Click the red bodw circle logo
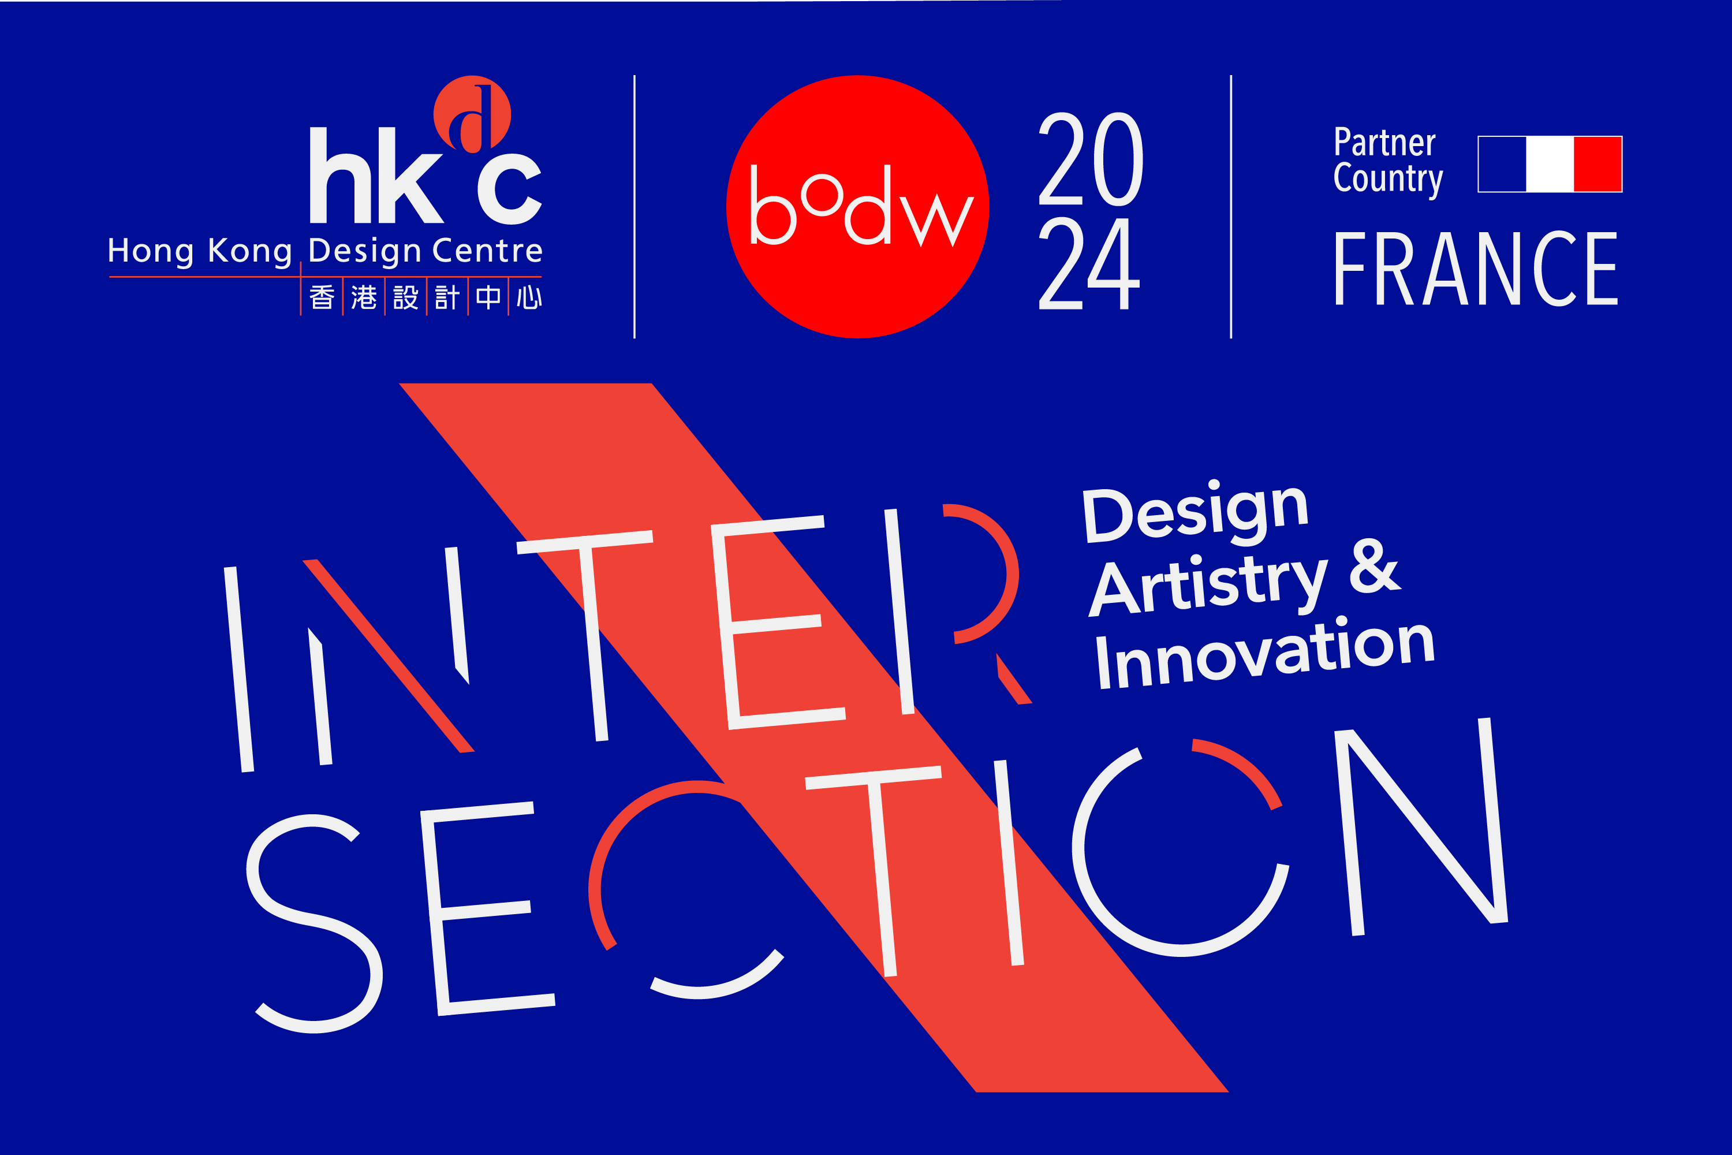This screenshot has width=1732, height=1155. point(857,206)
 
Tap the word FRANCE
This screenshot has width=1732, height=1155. point(1476,268)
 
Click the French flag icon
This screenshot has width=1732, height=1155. point(1550,163)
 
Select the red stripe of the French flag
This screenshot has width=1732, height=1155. point(1598,163)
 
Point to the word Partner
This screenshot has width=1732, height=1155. point(1384,142)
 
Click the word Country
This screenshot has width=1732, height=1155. point(1388,179)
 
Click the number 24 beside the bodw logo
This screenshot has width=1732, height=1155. point(1089,263)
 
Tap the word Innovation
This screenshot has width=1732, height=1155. point(1264,653)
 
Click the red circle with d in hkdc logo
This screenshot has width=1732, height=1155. point(472,114)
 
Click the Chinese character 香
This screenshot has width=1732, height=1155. point(322,297)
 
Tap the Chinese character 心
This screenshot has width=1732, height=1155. point(529,297)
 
